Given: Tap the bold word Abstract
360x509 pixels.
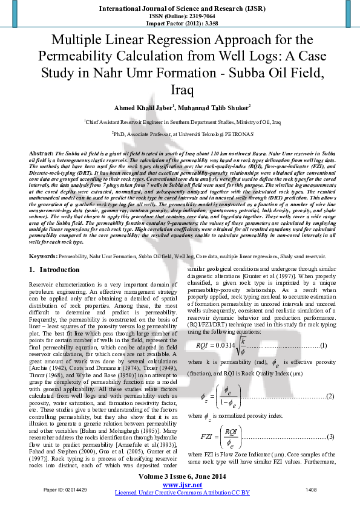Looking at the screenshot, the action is (x=41, y=154).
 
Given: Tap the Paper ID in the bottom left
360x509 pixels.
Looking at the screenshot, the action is (x=45, y=488).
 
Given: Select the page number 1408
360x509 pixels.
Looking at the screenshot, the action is (x=313, y=488).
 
